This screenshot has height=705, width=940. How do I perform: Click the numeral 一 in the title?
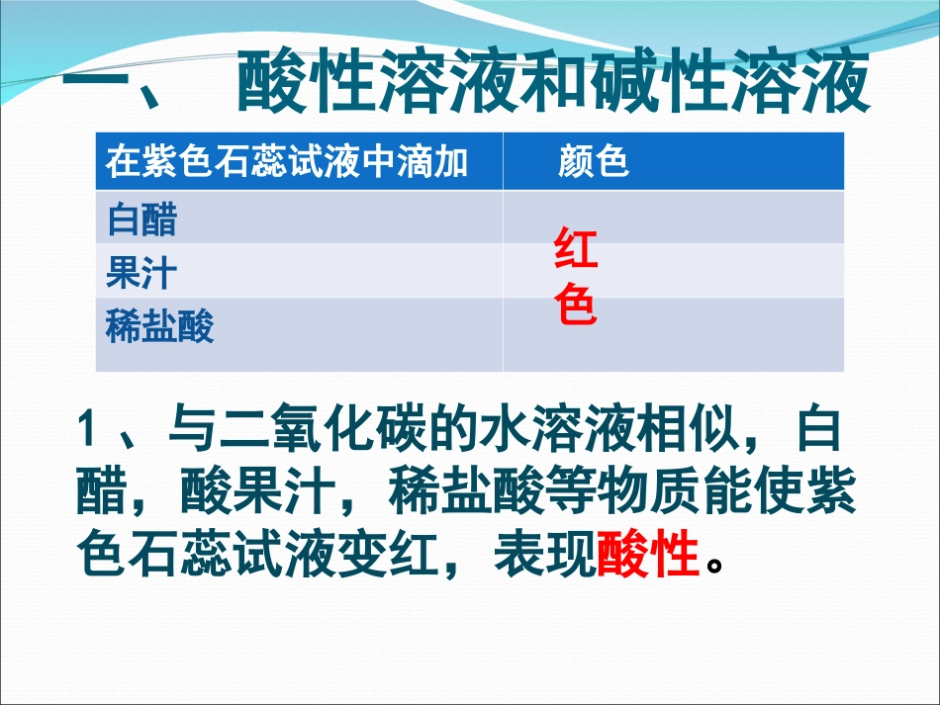(98, 84)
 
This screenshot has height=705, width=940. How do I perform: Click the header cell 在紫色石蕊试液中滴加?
(287, 162)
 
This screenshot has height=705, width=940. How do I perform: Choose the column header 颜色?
(594, 162)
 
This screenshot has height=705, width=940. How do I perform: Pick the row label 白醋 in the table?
(141, 219)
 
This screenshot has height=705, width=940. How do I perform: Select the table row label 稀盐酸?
(159, 325)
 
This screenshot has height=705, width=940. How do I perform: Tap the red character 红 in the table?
(576, 250)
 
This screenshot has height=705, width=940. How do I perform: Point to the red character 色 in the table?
(576, 306)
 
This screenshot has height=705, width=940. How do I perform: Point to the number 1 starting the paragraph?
(86, 431)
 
